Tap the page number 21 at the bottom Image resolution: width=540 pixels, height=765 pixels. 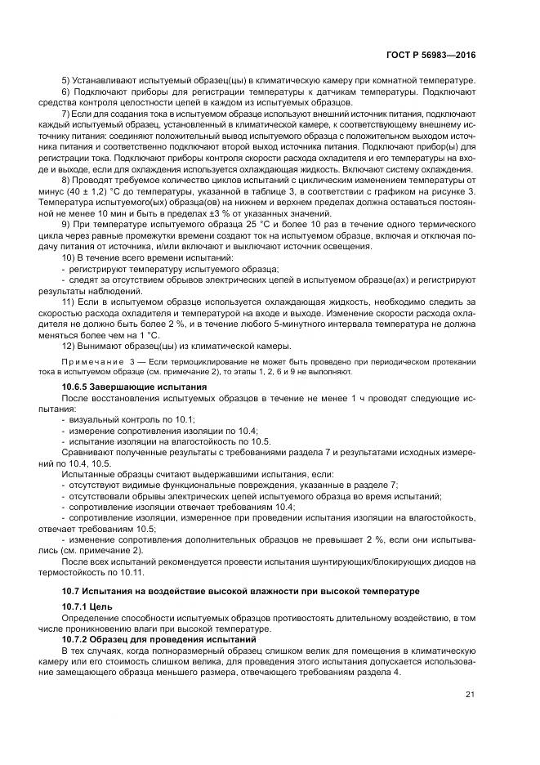point(470,695)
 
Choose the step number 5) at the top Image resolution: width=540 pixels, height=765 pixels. point(66,82)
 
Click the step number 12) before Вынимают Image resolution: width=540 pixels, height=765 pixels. point(69,344)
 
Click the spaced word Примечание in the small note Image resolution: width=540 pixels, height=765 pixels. point(91,362)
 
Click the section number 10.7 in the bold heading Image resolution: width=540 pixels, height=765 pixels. point(72,590)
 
